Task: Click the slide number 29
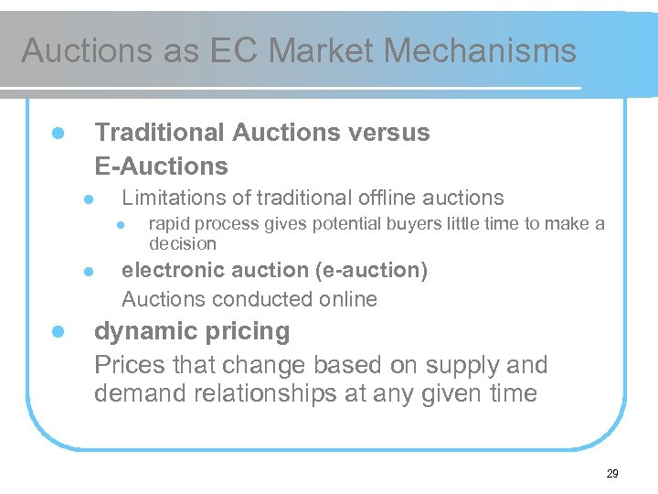tap(611, 473)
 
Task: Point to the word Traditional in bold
tap(160, 133)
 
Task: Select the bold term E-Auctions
tap(161, 166)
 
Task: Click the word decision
tap(182, 243)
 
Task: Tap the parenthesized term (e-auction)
tap(373, 270)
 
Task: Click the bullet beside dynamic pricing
tap(57, 331)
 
